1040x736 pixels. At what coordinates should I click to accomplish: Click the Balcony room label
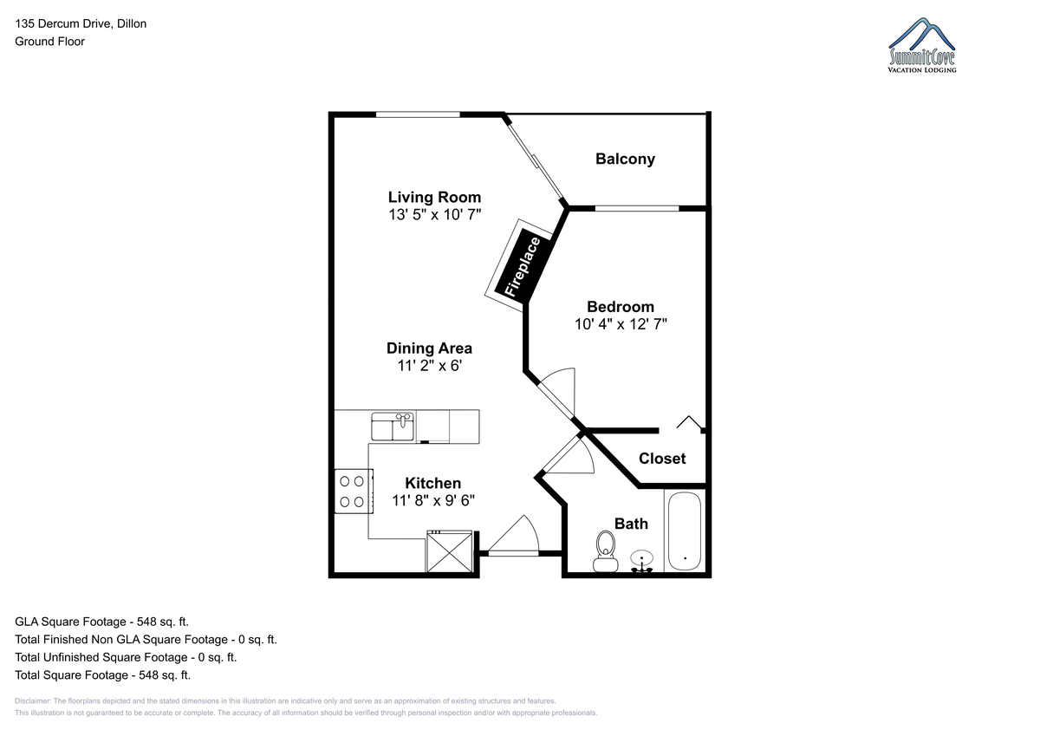(625, 159)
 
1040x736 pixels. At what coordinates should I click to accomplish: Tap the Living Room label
(434, 198)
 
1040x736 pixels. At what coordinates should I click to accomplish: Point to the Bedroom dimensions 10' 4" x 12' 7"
(621, 324)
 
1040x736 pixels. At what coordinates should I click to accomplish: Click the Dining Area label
(430, 348)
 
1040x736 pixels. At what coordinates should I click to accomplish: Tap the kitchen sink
(393, 427)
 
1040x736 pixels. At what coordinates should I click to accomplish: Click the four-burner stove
(354, 492)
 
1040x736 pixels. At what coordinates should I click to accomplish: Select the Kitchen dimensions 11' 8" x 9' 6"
(433, 500)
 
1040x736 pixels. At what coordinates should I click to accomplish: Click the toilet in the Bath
(606, 551)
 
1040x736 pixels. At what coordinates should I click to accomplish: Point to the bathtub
(685, 531)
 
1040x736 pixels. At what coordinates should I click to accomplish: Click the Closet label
(662, 459)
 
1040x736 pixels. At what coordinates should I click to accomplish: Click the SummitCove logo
(921, 45)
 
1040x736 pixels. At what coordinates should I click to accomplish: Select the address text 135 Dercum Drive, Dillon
(81, 23)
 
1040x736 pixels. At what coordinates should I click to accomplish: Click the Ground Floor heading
(49, 42)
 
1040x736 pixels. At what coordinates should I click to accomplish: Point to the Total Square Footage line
(102, 675)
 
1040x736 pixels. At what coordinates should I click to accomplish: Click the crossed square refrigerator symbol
(450, 552)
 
